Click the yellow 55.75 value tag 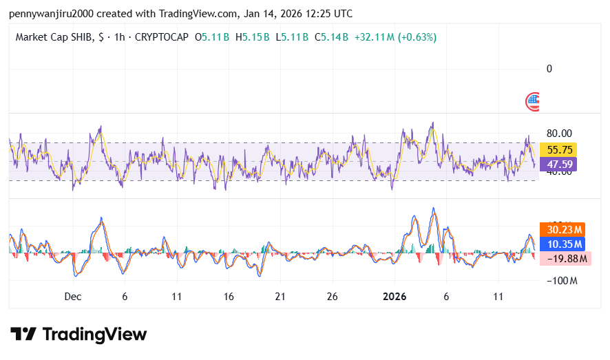point(558,149)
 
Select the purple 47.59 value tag point(558,165)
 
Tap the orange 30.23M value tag point(565,230)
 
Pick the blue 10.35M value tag point(565,244)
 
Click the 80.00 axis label point(558,134)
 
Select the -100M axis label point(561,281)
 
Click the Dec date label point(73,296)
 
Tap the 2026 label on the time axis point(395,296)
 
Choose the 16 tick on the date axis point(229,296)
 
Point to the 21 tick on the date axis point(280,296)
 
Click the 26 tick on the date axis point(332,296)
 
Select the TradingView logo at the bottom point(78,335)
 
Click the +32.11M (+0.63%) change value point(395,37)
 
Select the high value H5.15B point(252,37)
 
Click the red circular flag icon point(532,102)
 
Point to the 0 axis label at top point(549,69)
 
